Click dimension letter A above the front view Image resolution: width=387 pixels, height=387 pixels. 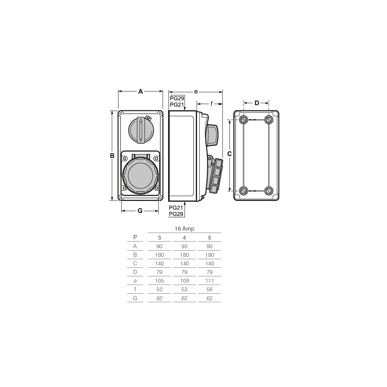[140, 91]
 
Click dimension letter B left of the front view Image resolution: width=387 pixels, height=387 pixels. [112, 156]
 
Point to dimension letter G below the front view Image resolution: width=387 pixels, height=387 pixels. [140, 211]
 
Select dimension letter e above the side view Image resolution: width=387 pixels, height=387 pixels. [196, 92]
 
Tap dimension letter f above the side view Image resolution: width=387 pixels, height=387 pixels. [211, 104]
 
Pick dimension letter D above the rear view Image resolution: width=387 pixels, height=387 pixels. [257, 103]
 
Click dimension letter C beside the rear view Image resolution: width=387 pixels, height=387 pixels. [229, 154]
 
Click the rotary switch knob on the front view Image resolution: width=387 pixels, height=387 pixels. [141, 129]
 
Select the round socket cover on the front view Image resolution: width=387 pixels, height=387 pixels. [140, 175]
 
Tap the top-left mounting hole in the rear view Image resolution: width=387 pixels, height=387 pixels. [244, 120]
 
